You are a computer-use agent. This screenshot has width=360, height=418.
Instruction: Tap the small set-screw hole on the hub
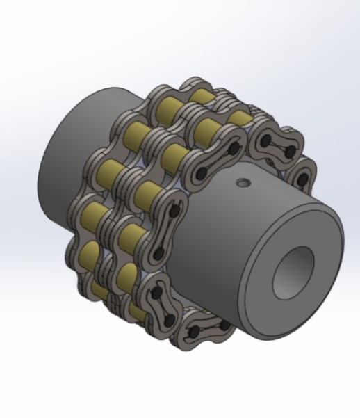click(x=242, y=184)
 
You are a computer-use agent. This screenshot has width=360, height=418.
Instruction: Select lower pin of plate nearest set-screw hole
click(x=202, y=172)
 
